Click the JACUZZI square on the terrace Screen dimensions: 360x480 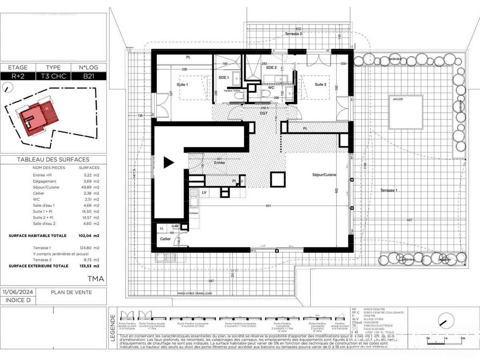click(406, 112)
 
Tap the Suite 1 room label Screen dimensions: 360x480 click(182, 84)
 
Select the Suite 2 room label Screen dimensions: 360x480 click(321, 84)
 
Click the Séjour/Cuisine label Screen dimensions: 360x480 click(324, 175)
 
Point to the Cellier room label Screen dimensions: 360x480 click(165, 239)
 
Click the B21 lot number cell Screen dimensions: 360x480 click(89, 76)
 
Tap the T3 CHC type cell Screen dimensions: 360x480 click(53, 76)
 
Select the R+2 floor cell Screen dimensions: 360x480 click(18, 76)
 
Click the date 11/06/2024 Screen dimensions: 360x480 click(18, 292)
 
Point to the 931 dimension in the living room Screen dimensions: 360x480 click(268, 206)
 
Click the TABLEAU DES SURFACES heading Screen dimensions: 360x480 click(53, 160)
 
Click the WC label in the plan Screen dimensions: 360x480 click(271, 87)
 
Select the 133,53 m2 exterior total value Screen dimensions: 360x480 click(88, 266)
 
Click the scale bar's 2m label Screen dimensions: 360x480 click(462, 338)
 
